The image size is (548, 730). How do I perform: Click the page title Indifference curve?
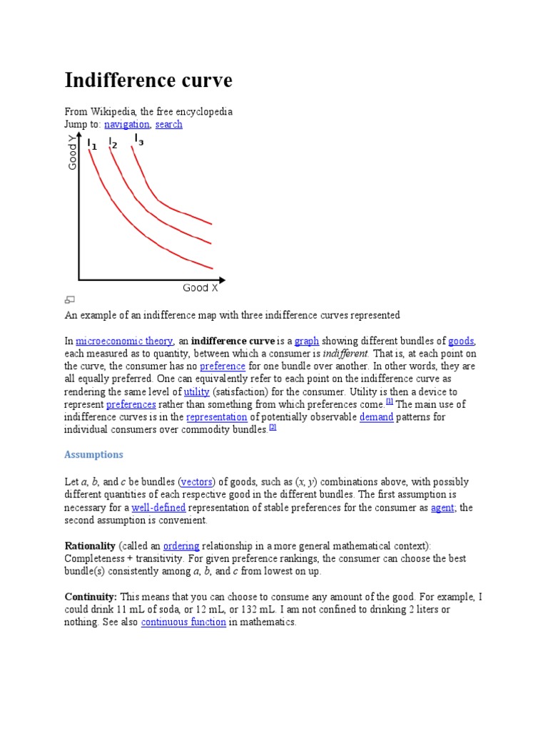[x=148, y=81]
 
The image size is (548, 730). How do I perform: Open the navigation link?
[x=127, y=124]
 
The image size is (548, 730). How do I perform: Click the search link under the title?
[x=168, y=124]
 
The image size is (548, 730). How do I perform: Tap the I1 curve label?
[x=92, y=145]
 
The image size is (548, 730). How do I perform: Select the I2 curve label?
[x=112, y=144]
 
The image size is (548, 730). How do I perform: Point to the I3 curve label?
[x=138, y=140]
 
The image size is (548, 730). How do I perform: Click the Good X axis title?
[x=201, y=288]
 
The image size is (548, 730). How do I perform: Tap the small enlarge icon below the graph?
[x=69, y=300]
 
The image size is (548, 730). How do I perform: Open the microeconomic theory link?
[x=124, y=341]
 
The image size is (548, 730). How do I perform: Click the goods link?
[x=461, y=341]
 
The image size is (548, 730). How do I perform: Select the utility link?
[x=196, y=392]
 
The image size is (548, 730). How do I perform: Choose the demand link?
[x=376, y=417]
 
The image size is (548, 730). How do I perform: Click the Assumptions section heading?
[x=93, y=454]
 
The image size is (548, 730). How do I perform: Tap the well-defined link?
[x=158, y=508]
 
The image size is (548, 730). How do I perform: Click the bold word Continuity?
[x=91, y=596]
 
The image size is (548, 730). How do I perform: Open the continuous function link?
[x=183, y=622]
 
